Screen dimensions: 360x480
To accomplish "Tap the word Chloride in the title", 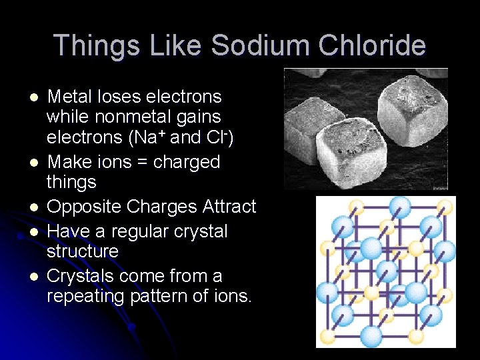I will pos(375,46).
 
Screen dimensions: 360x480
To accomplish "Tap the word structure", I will pos(82,251).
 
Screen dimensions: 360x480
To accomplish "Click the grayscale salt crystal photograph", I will pos(365,129).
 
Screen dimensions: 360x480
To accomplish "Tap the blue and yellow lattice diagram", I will pos(385,271).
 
